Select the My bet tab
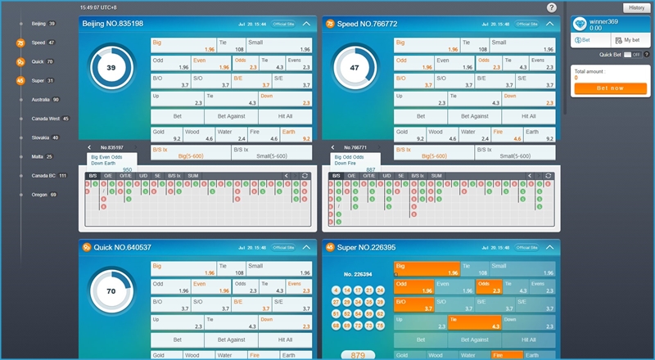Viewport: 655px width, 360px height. pyautogui.click(x=628, y=39)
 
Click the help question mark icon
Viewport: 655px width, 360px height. pyautogui.click(x=552, y=7)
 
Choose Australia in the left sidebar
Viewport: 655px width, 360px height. pyautogui.click(x=44, y=99)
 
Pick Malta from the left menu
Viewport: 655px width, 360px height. pyautogui.click(x=38, y=156)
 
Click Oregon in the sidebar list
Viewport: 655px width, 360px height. pyautogui.click(x=42, y=195)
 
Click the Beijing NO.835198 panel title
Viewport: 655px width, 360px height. pyautogui.click(x=113, y=24)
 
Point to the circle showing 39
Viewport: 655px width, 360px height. pyautogui.click(x=111, y=68)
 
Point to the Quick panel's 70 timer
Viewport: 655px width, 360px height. pyautogui.click(x=111, y=290)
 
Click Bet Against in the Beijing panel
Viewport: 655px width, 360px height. pyautogui.click(x=230, y=116)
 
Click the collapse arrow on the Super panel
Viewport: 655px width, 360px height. pyautogui.click(x=551, y=246)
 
